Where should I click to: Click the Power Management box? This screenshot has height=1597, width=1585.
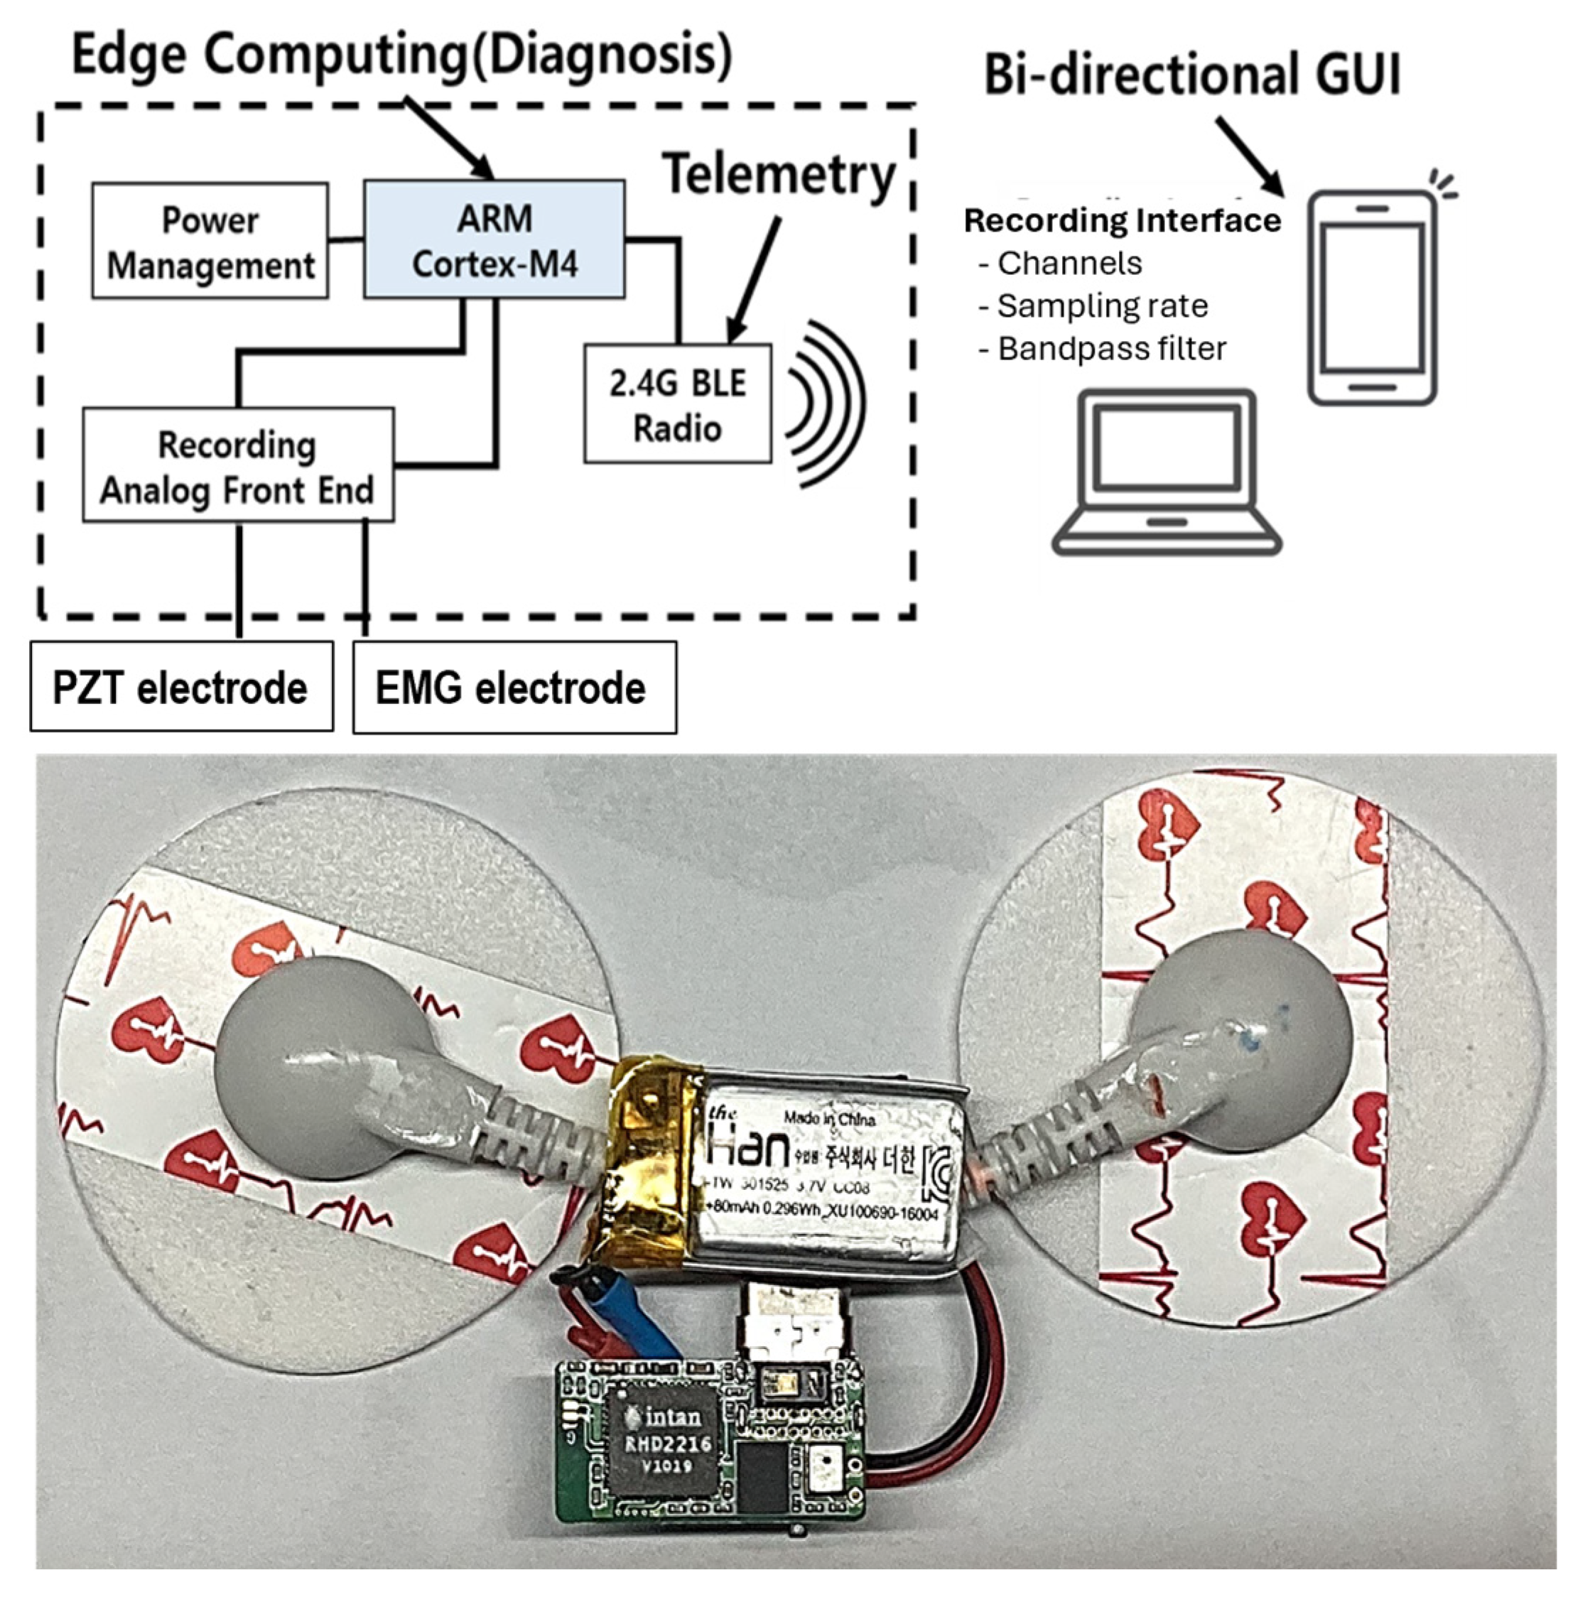(210, 242)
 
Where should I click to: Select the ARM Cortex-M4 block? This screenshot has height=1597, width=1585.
(494, 239)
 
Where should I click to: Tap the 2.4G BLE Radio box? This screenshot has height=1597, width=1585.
(677, 404)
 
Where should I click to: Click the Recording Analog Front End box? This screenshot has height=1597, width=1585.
(237, 465)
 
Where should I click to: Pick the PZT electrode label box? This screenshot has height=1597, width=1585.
(181, 687)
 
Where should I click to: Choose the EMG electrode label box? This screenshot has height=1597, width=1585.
(514, 688)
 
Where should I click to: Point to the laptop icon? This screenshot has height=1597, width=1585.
(1166, 474)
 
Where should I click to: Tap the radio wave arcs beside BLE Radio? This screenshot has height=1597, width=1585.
(823, 404)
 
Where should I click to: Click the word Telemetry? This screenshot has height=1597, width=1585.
(779, 175)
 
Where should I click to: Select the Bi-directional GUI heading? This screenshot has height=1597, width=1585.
(1191, 75)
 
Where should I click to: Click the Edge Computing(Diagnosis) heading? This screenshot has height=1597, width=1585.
(402, 55)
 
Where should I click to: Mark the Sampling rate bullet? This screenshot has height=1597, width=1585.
(1100, 306)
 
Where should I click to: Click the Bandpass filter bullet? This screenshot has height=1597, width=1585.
(1110, 349)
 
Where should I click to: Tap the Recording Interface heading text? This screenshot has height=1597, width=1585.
(1122, 221)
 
